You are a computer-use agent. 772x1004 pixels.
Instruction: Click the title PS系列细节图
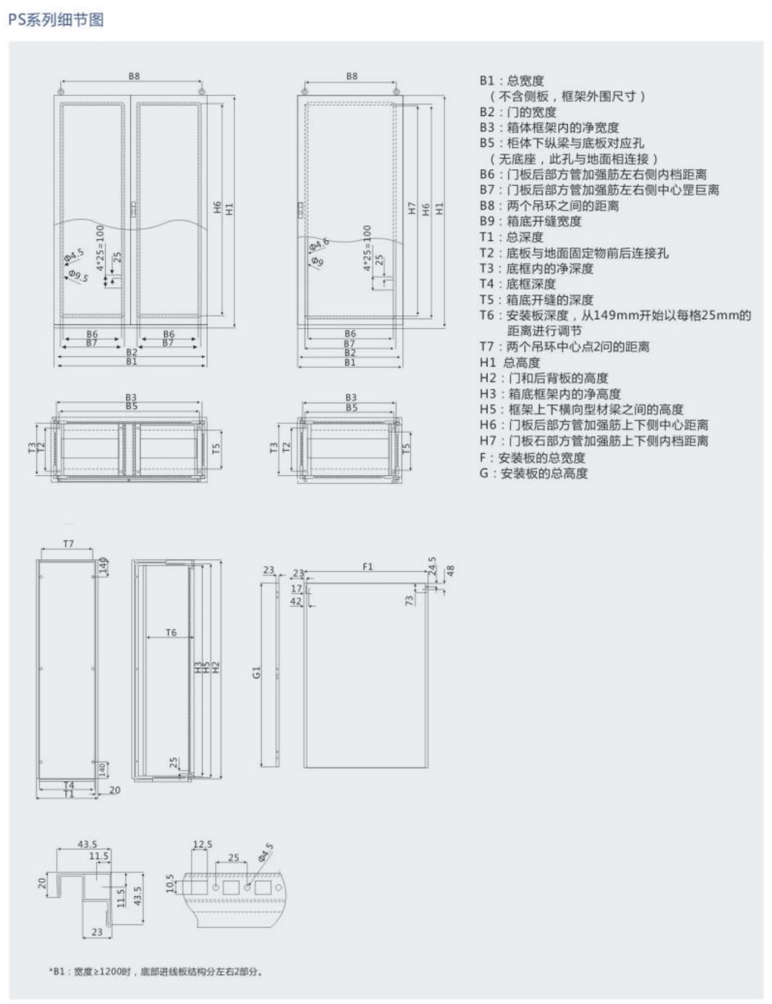[x=55, y=20]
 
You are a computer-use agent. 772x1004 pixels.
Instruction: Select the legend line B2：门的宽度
[x=518, y=112]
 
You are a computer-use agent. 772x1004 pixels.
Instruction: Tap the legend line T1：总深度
[x=511, y=237]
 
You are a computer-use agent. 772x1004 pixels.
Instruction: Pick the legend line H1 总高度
[x=509, y=362]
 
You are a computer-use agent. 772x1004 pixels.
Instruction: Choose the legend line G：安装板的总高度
[x=533, y=473]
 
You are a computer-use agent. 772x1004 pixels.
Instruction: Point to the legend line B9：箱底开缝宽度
[x=530, y=221]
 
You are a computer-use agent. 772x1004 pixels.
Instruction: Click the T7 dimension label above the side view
[x=68, y=544]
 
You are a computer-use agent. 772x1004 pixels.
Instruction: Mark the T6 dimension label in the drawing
[x=171, y=632]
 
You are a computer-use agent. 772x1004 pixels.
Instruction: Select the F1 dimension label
[x=368, y=567]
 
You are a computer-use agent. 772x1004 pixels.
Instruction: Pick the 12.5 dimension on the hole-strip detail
[x=202, y=844]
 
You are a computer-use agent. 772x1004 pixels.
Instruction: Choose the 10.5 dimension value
[x=170, y=882]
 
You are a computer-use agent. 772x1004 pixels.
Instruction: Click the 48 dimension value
[x=450, y=570]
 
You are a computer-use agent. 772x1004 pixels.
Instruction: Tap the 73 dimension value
[x=409, y=600]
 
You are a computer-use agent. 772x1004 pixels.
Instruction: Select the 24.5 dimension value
[x=433, y=565]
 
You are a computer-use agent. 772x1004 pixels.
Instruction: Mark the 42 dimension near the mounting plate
[x=296, y=601]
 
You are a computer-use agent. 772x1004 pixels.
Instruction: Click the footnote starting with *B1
[x=155, y=971]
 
